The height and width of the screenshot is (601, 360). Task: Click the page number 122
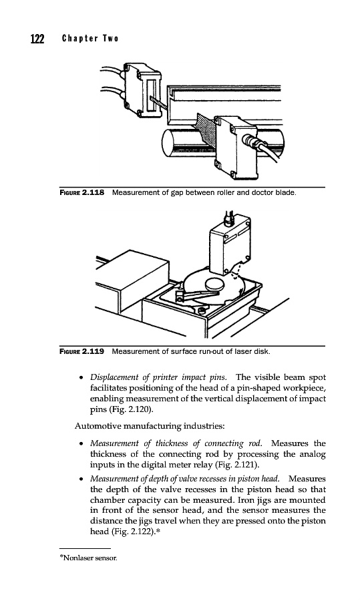click(37, 39)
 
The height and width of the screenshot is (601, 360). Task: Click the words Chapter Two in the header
click(90, 39)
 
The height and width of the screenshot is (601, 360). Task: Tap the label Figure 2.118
click(81, 192)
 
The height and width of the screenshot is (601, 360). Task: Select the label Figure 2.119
click(81, 351)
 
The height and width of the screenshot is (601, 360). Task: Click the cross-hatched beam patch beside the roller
click(206, 130)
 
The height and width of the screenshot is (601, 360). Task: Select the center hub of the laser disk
click(215, 284)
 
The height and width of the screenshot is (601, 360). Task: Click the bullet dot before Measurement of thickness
click(81, 444)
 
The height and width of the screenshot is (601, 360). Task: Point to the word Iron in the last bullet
click(245, 500)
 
